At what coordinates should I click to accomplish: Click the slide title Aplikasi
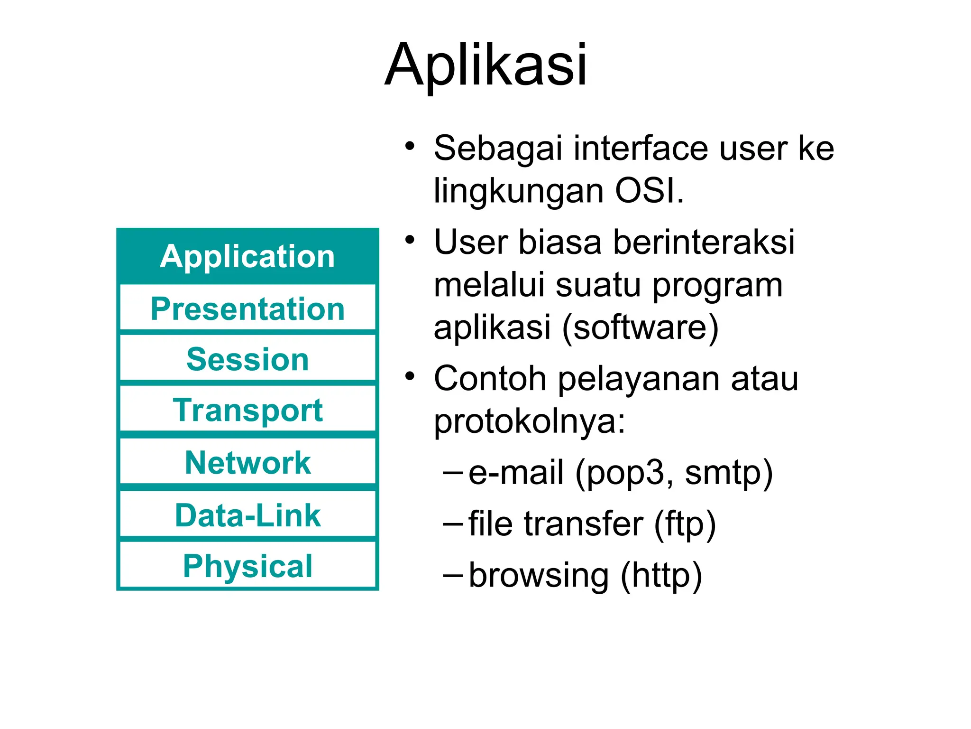coord(485,65)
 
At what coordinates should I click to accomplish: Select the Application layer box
coord(247,257)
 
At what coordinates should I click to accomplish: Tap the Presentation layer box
coord(247,309)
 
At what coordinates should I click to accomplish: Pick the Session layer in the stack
coord(247,359)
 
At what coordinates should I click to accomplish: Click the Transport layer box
coord(247,410)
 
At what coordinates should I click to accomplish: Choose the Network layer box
coord(247,463)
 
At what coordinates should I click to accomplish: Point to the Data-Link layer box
coord(247,515)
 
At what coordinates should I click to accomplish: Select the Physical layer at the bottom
coord(247,566)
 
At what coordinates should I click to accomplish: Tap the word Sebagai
coord(498,149)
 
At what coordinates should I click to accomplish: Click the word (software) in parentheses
coord(640,327)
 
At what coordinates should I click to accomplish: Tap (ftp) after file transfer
coord(685,525)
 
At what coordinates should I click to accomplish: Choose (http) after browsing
coord(661,576)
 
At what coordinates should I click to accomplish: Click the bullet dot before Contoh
coord(410,376)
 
